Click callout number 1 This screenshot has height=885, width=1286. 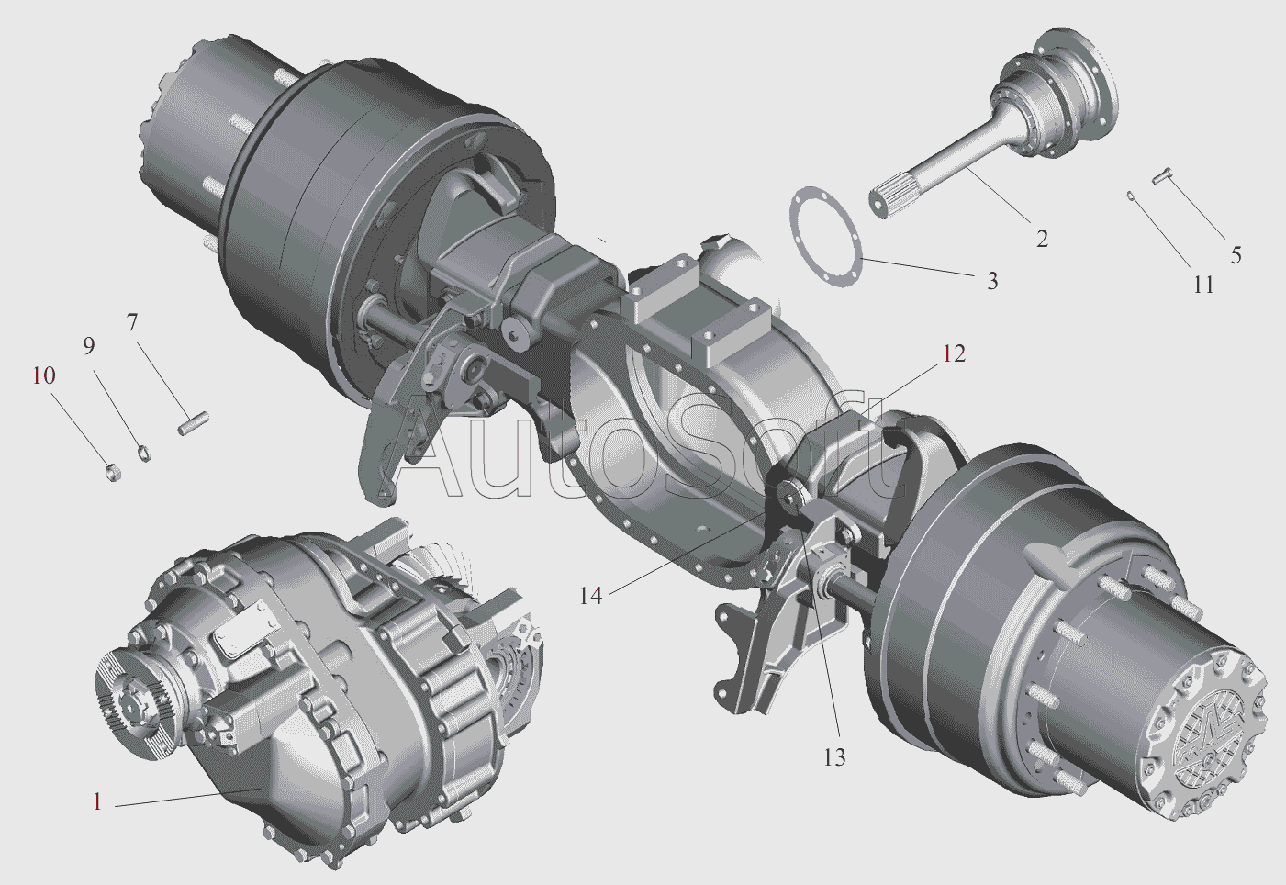tap(97, 801)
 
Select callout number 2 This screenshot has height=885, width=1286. tap(1042, 239)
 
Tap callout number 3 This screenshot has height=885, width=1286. tap(992, 281)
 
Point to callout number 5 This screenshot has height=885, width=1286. tap(1236, 255)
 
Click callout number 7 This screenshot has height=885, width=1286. tap(132, 323)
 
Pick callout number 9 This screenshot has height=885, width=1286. tap(88, 346)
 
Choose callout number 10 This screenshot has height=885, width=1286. tap(44, 375)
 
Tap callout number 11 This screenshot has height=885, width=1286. tap(1202, 285)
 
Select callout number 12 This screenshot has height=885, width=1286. tap(953, 353)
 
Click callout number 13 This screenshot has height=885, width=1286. tap(834, 757)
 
